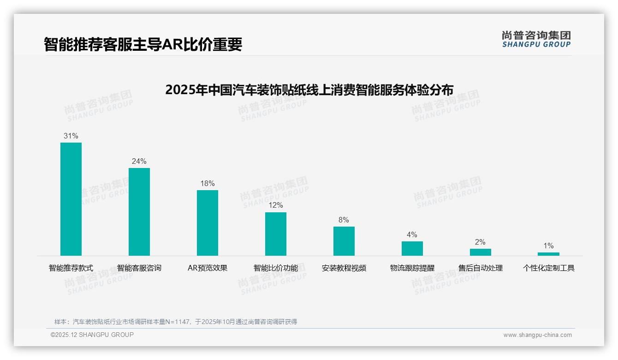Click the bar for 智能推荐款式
71,199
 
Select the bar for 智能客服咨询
139,211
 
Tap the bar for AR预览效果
208,222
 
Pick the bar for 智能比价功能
276,234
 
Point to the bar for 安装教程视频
344,241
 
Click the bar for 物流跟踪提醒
412,248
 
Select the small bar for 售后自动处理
480,252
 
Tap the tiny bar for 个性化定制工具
548,254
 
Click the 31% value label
71,136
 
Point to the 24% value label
139,161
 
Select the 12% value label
276,205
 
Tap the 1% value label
548,246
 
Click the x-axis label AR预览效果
208,268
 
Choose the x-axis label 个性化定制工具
548,268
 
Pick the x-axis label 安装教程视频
344,268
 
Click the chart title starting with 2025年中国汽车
309,90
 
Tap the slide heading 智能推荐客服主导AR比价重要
143,44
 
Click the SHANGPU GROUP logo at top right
536,39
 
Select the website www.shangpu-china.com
537,335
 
